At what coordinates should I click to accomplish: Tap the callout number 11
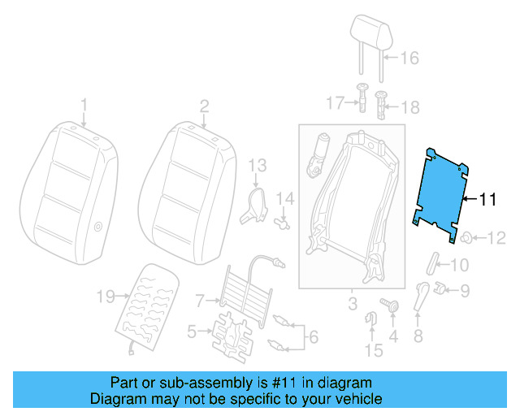coord(487,198)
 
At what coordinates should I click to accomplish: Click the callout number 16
coord(409,58)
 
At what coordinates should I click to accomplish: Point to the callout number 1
coord(83,104)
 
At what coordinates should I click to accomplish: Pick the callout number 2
coord(204,104)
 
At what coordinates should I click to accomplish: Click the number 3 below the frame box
coord(352,304)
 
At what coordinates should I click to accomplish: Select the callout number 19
coord(106,297)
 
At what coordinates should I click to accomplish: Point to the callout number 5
coord(192,331)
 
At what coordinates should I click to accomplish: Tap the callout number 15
coord(373,350)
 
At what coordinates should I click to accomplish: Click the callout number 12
coord(496,237)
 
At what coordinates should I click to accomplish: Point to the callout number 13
coord(257,166)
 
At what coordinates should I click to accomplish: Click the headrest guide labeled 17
coord(362,102)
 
